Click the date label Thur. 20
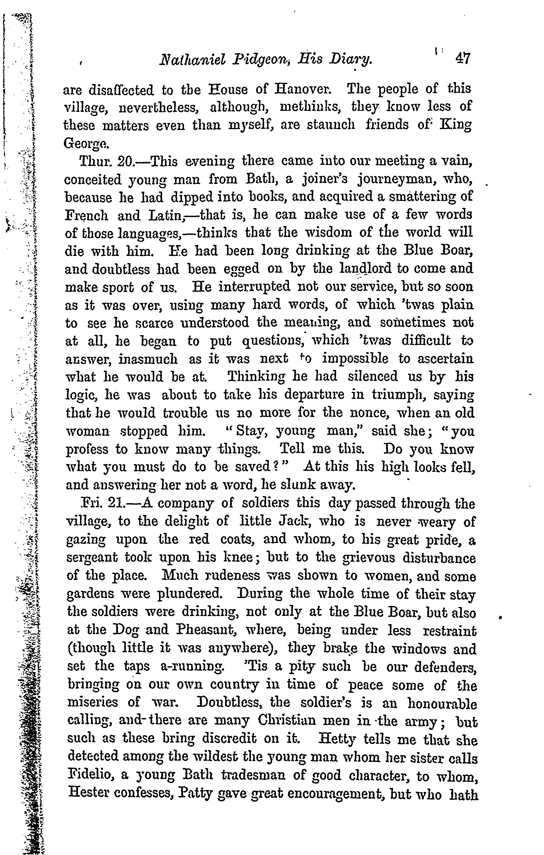pyautogui.click(x=106, y=162)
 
